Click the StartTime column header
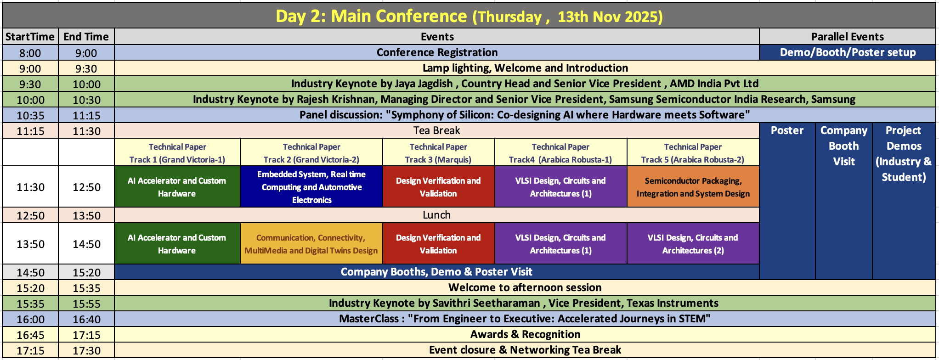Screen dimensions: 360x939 click(x=30, y=37)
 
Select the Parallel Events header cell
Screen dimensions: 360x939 click(x=847, y=37)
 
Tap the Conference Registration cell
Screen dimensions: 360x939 click(x=436, y=52)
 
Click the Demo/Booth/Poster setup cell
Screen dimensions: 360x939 click(x=847, y=52)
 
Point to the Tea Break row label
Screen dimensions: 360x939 click(x=436, y=130)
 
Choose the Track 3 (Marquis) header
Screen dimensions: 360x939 click(x=438, y=153)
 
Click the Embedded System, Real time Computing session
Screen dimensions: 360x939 click(x=311, y=187)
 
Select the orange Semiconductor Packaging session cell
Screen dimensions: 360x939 click(x=693, y=187)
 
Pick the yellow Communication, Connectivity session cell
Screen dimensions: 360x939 click(x=311, y=244)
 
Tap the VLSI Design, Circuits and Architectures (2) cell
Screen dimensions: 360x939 click(x=693, y=244)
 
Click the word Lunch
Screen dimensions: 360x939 click(x=436, y=215)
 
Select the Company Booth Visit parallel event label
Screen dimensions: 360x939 click(x=843, y=146)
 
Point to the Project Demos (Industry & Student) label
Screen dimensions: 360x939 click(x=903, y=154)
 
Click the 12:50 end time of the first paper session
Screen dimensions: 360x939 click(x=86, y=187)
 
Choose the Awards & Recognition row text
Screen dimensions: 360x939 click(x=525, y=334)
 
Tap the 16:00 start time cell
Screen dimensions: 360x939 click(x=30, y=319)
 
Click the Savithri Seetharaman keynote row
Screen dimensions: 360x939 click(x=524, y=303)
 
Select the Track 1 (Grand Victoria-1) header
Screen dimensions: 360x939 click(x=177, y=153)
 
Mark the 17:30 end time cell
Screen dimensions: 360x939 click(x=86, y=350)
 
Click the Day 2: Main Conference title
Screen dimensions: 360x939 click(x=469, y=16)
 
